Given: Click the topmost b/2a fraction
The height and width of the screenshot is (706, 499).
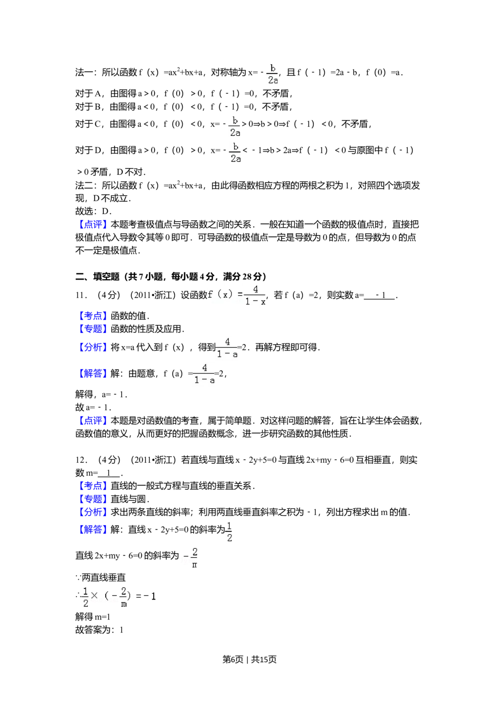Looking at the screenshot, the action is tap(271, 74).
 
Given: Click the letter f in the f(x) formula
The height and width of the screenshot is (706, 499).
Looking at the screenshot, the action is tap(210, 295).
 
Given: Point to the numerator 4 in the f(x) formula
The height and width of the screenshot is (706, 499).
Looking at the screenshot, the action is tap(255, 290).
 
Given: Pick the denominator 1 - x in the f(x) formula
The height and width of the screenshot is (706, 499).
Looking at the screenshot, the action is tap(255, 302).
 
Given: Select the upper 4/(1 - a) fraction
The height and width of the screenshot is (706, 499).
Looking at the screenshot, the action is tap(227, 349).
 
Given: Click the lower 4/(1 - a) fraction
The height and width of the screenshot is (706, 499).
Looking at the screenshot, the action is tap(204, 374).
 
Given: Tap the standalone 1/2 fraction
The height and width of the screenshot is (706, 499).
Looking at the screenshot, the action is tap(230, 531).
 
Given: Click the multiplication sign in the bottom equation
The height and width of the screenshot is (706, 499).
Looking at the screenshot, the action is tap(94, 596).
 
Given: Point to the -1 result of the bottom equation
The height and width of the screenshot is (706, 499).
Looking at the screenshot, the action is tap(150, 596).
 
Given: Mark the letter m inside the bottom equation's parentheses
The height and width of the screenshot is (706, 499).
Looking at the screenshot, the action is tap(123, 604).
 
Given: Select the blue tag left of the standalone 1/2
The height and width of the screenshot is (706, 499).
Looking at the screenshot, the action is tap(93, 530).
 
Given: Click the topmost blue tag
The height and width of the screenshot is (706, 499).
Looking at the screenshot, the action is tap(93, 225).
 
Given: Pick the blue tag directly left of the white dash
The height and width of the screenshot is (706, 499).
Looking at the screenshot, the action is tap(93, 316).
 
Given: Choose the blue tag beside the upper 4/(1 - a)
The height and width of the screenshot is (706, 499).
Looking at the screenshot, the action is tap(93, 347).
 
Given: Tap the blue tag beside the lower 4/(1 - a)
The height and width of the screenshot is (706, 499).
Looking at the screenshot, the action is tap(93, 374).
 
